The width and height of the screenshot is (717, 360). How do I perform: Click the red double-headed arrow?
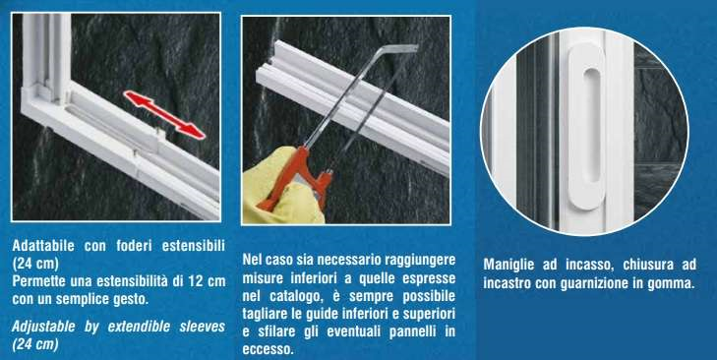(x=163, y=114)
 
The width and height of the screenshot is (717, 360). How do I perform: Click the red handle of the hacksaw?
(x=297, y=178)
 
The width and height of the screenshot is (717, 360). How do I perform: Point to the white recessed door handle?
(x=586, y=127)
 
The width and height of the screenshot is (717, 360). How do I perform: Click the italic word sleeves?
(x=202, y=327)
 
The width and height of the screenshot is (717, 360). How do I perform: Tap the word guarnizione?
(x=593, y=283)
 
